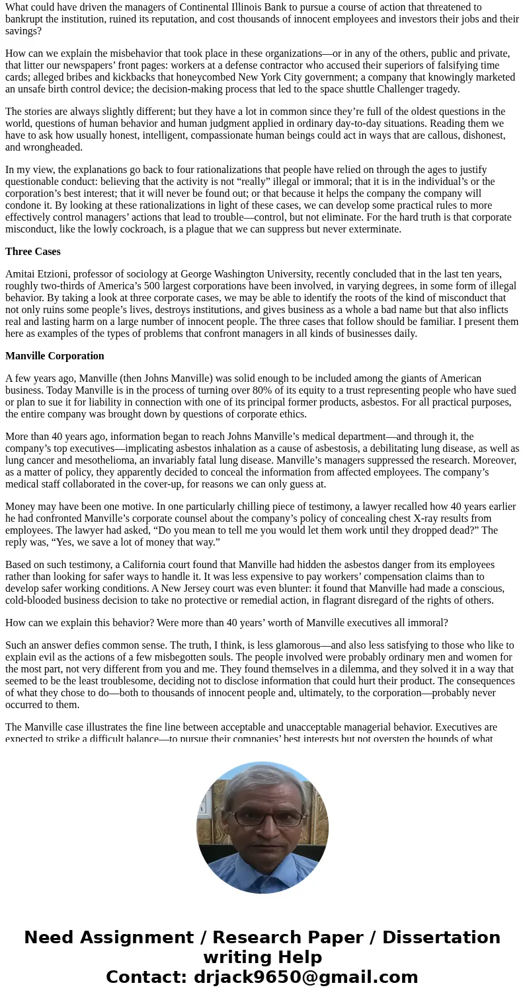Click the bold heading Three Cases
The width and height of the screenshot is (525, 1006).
coord(33,252)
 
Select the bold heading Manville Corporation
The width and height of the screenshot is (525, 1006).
coord(55,356)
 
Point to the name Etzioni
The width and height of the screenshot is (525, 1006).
coord(59,274)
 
